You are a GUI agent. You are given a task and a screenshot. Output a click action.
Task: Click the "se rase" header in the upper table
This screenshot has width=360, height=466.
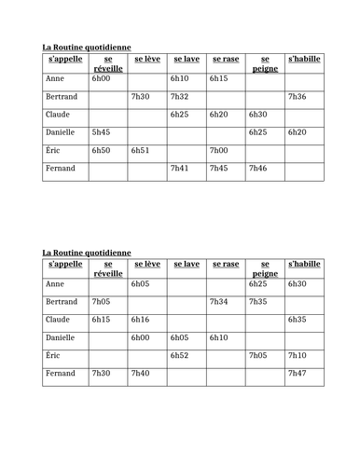225,59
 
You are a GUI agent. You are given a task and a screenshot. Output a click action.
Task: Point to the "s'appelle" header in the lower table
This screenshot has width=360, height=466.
65,264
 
